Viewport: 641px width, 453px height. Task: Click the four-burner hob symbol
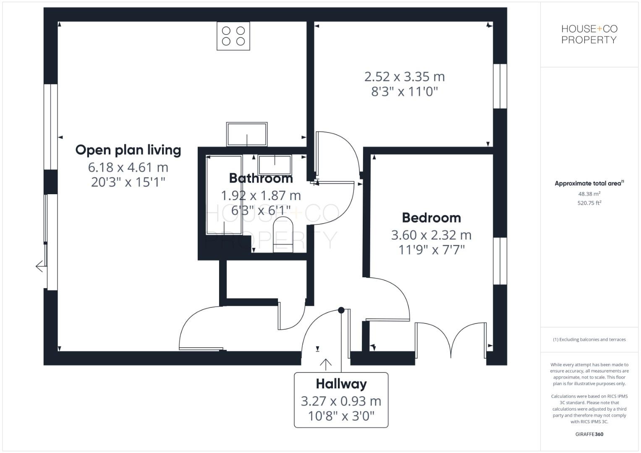tap(233, 36)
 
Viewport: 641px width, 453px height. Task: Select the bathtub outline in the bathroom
tap(224, 195)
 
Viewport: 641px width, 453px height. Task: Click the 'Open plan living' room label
tap(128, 150)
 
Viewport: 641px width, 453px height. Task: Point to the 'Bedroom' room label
tap(431, 218)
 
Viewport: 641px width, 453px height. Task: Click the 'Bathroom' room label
tap(261, 178)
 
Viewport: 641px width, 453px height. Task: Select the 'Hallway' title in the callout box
tap(341, 384)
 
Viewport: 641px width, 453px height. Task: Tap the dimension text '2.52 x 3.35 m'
tap(404, 77)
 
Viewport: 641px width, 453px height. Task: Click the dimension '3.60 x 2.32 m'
tap(431, 235)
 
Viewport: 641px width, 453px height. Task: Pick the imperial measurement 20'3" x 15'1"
tap(128, 182)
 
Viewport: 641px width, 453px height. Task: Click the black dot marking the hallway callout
tap(341, 310)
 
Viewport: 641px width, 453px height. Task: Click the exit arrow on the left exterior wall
tap(40, 266)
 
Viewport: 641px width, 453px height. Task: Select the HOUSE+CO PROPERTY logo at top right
tap(589, 34)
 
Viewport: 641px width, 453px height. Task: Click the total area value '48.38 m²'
tap(589, 194)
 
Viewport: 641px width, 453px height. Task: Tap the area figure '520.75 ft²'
tap(589, 203)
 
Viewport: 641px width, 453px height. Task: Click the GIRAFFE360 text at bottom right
tap(589, 434)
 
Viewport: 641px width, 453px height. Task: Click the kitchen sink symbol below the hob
tap(247, 134)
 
